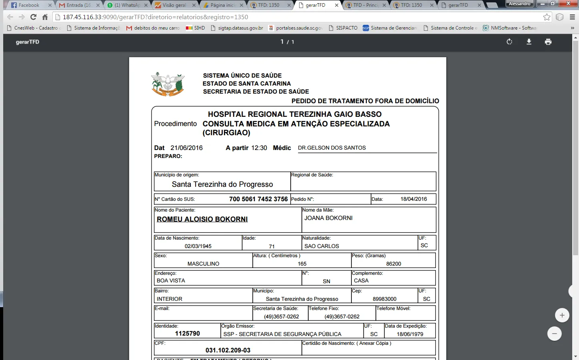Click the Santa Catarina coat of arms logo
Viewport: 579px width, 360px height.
pos(168,84)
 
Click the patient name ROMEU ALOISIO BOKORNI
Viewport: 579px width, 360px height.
pos(202,219)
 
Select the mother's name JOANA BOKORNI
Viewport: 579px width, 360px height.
pos(328,218)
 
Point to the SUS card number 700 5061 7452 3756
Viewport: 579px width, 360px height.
pos(258,199)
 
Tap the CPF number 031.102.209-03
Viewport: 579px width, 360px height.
pos(228,350)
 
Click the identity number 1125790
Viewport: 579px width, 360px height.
pos(187,333)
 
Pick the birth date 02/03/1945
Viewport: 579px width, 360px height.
pos(198,246)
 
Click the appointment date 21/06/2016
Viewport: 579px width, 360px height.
pos(186,148)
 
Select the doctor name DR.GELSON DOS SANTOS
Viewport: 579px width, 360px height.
pos(332,148)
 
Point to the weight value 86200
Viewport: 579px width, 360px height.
pos(393,264)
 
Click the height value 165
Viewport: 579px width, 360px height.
pos(302,264)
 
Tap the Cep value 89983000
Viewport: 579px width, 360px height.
pos(384,299)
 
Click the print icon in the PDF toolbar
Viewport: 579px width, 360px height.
pos(548,42)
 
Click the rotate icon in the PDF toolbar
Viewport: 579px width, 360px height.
pos(509,42)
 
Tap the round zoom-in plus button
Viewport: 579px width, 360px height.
pos(562,315)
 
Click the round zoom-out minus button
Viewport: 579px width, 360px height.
pos(554,334)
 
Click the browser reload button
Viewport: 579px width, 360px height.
pos(34,17)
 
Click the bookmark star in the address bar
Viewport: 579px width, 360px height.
pos(547,17)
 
